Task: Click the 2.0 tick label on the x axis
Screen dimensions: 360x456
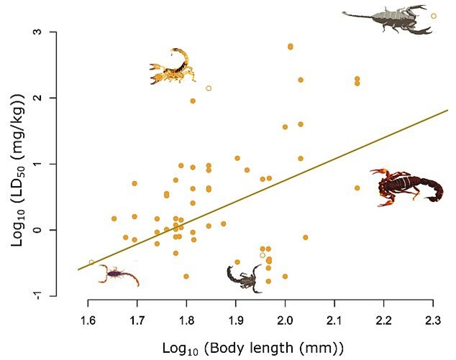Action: tap(285, 318)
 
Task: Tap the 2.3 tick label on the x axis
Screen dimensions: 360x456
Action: tap(433, 318)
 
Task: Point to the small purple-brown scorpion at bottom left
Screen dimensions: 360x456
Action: tap(117, 274)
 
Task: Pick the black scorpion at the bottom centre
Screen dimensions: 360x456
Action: tap(245, 276)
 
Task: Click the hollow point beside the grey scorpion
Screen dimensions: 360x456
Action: tap(433, 16)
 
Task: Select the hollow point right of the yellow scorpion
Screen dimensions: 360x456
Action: tap(209, 88)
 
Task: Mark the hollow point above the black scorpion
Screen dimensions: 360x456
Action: tap(263, 255)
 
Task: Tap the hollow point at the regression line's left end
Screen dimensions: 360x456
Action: tap(91, 262)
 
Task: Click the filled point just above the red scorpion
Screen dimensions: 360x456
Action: tap(357, 188)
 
